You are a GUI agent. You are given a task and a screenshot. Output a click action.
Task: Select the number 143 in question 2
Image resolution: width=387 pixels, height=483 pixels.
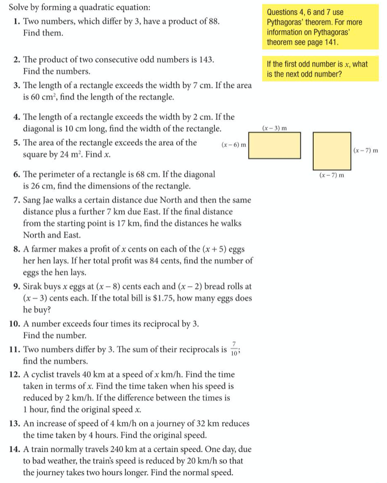[x=206, y=59]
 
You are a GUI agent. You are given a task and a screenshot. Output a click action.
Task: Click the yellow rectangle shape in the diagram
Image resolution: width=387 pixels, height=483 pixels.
[x=275, y=145]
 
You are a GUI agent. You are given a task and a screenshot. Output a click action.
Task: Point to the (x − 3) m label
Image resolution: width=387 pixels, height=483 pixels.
[x=275, y=128]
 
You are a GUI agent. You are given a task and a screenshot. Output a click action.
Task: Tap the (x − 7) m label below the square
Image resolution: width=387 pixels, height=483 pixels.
[x=332, y=174]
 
